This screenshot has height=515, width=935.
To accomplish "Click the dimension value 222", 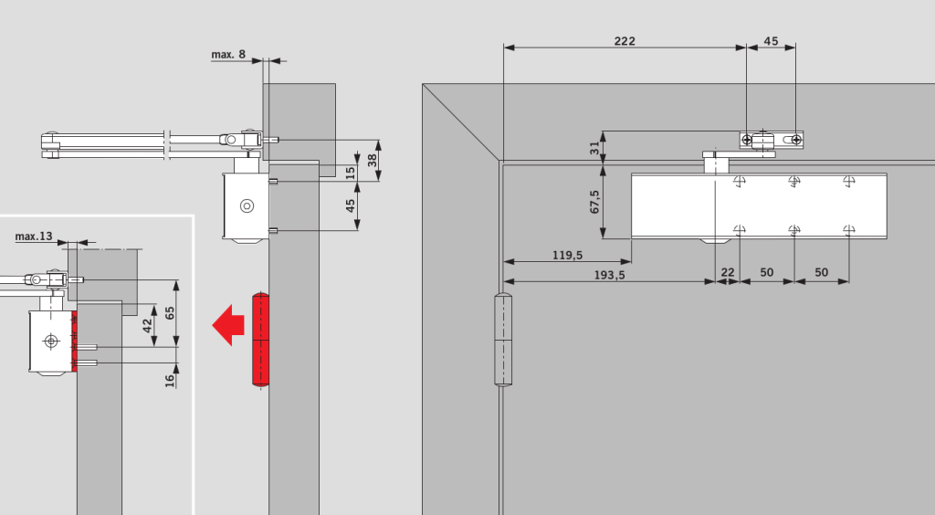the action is pos(625,41).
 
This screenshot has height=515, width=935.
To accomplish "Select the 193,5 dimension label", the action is pos(609,275).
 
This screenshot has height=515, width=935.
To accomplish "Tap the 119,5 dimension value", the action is pos(567,255).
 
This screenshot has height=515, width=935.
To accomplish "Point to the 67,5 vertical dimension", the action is pos(594,202).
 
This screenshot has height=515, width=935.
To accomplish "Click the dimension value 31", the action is pos(594,148).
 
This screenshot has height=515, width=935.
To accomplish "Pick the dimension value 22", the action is pos(728,272).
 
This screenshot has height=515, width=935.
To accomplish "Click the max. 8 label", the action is pos(228,54).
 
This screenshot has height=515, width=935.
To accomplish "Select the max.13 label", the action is pos(34,236).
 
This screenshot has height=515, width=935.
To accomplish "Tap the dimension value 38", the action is pos(373,161).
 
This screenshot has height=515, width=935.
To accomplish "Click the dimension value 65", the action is pos(170,312).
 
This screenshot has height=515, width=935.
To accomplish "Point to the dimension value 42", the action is pos(147,326).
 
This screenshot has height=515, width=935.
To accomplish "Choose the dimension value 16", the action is pos(170,380).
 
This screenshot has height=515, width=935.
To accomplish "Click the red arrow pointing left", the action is pos(228,325).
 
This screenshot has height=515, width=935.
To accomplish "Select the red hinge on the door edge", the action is pos(260,340).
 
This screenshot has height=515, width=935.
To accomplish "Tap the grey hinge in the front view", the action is pos(503,340).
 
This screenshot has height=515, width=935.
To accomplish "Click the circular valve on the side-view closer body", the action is pos(247,205).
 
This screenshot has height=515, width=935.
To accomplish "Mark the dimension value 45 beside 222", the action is pos(771,41).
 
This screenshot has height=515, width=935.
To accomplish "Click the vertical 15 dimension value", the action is pos(350,173).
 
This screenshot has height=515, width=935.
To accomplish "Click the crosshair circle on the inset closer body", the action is pos(51,341).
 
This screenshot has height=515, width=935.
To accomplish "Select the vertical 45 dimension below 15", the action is pos(350,205).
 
